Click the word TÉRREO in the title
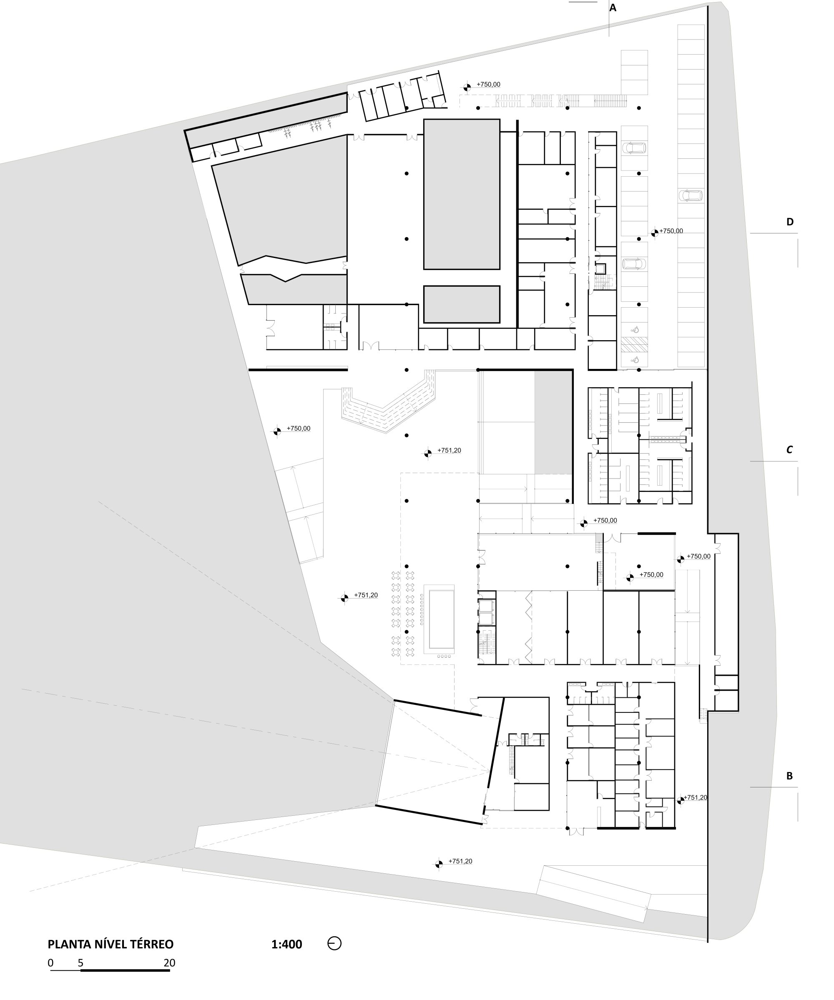153,944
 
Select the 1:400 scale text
287,944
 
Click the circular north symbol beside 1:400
334,943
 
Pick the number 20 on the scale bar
170,963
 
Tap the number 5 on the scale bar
81,963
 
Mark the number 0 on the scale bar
50,963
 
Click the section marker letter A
613,8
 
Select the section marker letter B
789,776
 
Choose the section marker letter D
790,221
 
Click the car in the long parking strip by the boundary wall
691,195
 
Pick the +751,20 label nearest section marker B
696,797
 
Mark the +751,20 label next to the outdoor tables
366,595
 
